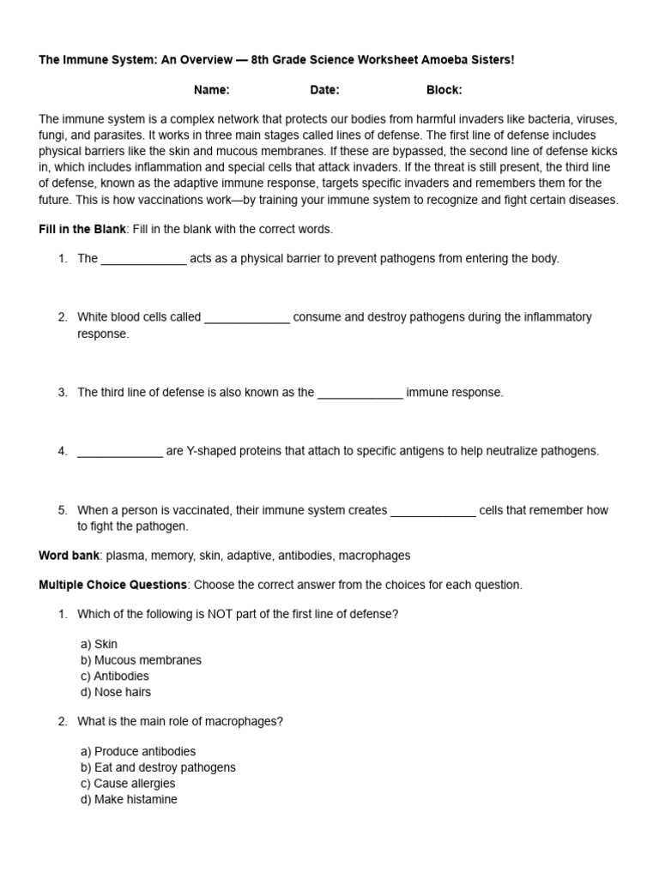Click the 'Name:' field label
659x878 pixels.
pyautogui.click(x=211, y=90)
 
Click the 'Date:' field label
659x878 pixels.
pyautogui.click(x=324, y=90)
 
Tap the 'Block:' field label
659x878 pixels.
pyautogui.click(x=444, y=90)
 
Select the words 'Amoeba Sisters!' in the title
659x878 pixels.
pyautogui.click(x=473, y=61)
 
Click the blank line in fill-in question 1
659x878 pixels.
pyautogui.click(x=143, y=259)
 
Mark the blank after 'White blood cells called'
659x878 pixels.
pyautogui.click(x=247, y=317)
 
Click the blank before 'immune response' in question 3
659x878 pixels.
pyautogui.click(x=360, y=393)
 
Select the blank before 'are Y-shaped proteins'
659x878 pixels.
pyautogui.click(x=119, y=451)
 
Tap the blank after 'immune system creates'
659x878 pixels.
pyautogui.click(x=432, y=510)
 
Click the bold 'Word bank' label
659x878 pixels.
pyautogui.click(x=69, y=556)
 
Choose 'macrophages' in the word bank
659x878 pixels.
pyautogui.click(x=374, y=556)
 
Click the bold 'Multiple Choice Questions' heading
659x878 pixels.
pyautogui.click(x=112, y=585)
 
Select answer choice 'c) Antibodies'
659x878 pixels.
pyautogui.click(x=115, y=676)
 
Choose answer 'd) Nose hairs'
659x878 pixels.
pyautogui.click(x=115, y=692)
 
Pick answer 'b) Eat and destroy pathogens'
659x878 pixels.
pyautogui.click(x=158, y=767)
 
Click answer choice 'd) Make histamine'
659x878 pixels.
pyautogui.click(x=129, y=799)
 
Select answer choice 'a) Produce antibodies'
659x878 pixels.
pyautogui.click(x=138, y=751)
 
